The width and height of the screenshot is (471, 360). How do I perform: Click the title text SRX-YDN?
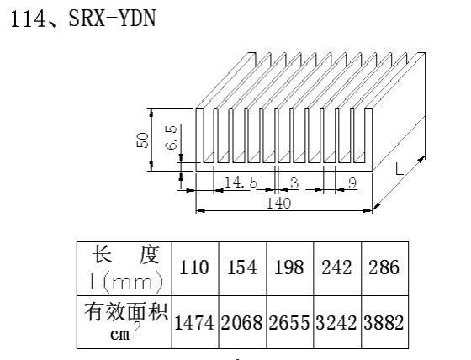point(113,19)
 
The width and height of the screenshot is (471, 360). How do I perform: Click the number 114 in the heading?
point(28,19)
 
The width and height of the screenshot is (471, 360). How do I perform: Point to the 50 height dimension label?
point(142,140)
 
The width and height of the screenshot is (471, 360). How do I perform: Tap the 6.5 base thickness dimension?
point(171,138)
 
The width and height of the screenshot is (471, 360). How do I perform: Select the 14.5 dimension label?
point(241,183)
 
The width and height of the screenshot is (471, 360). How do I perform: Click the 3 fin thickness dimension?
point(294,183)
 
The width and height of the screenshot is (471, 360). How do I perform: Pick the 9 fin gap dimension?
point(352,183)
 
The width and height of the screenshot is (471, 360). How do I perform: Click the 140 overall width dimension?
point(279,204)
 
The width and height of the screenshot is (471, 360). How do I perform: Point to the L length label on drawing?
point(400,169)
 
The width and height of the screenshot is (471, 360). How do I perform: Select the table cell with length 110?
point(193,267)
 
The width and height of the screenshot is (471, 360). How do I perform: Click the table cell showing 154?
point(242,267)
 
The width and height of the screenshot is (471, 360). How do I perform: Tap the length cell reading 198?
point(289,267)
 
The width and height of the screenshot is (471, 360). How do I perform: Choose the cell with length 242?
point(336,267)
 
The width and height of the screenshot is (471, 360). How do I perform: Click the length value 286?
point(384,267)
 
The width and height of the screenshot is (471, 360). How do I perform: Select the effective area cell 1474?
point(194,323)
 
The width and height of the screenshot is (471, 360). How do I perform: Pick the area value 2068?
point(242,323)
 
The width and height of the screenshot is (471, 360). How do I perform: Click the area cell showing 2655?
point(289,323)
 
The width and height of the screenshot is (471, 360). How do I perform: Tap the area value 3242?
point(336,323)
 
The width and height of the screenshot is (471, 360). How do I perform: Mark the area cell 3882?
point(384,323)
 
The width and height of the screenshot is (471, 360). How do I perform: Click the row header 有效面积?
point(126,312)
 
